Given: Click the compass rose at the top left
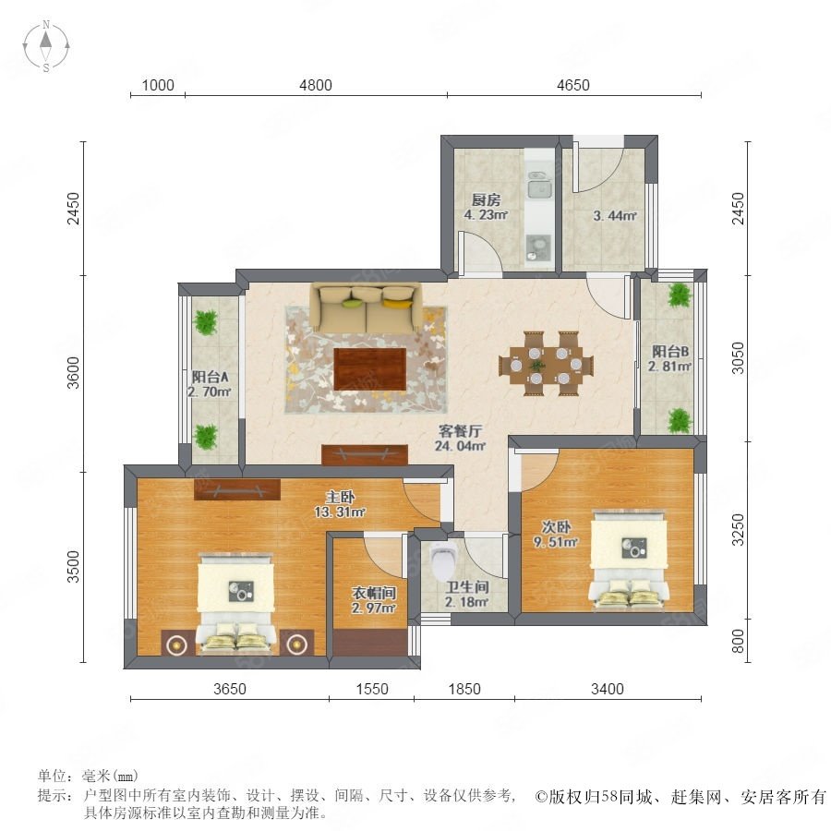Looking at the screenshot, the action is pyautogui.click(x=46, y=46).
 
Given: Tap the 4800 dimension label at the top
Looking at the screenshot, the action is pyautogui.click(x=316, y=85).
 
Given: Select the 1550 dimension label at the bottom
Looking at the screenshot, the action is pyautogui.click(x=372, y=689).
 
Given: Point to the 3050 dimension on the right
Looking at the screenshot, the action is pyautogui.click(x=738, y=358).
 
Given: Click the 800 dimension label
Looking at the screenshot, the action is pyautogui.click(x=738, y=642).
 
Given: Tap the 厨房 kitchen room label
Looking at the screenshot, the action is pyautogui.click(x=486, y=199).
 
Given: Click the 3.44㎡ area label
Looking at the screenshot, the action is pyautogui.click(x=615, y=216).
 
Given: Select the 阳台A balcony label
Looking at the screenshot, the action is pyautogui.click(x=210, y=378).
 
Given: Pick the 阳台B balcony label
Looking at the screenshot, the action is pyautogui.click(x=670, y=351).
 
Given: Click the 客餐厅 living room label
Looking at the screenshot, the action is pyautogui.click(x=460, y=430).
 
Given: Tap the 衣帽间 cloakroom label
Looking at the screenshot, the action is pyautogui.click(x=374, y=593).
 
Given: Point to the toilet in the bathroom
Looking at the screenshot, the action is pyautogui.click(x=441, y=560).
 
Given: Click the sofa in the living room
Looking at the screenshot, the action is pyautogui.click(x=366, y=308).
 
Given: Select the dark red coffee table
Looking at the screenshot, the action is pyautogui.click(x=370, y=368).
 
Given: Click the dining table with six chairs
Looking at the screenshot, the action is pyautogui.click(x=547, y=364).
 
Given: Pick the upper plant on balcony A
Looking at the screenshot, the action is pyautogui.click(x=206, y=321).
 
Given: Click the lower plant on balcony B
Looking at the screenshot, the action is pyautogui.click(x=680, y=421).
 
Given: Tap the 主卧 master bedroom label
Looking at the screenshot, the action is pyautogui.click(x=340, y=497).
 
